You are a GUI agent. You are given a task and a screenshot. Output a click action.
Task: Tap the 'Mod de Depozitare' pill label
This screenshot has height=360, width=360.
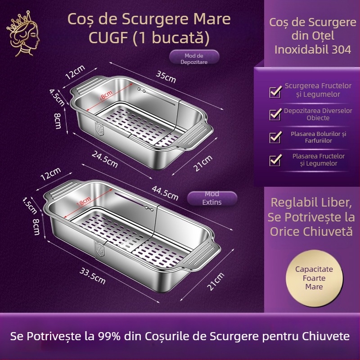point(194,58)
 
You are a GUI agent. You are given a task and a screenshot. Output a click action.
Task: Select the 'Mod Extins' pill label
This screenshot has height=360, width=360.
point(212,198)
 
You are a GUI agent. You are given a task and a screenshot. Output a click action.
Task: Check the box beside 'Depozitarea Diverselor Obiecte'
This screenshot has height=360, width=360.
point(275,114)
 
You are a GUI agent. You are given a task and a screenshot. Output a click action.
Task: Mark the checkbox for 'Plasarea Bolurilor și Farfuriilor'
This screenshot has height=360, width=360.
point(275,137)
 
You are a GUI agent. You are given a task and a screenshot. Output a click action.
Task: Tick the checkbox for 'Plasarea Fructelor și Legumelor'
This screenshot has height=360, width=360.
point(275,160)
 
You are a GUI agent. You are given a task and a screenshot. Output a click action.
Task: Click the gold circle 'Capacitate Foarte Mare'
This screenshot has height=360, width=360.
point(314,278)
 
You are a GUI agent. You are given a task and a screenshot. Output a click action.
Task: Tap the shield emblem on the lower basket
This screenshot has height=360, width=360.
point(99,247)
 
